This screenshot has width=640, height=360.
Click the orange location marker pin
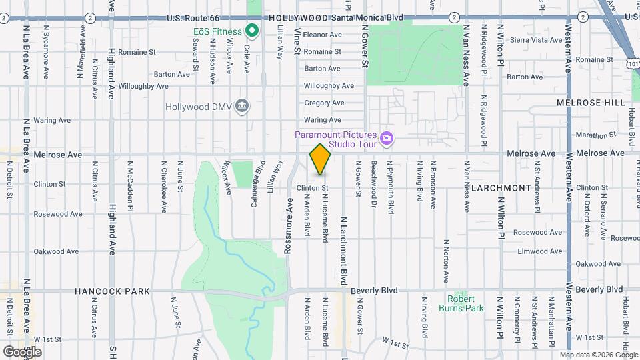pos(321,160)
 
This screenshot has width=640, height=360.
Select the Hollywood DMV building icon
pos(242,105)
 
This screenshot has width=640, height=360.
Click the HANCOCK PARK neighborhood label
pos(112,291)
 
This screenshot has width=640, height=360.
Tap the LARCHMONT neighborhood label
pos(500,188)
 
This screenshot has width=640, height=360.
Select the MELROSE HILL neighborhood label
pos(591,103)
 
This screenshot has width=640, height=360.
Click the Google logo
pos(21,351)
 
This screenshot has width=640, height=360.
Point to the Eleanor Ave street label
pos(322,35)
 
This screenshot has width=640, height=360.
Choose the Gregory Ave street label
pos(324,103)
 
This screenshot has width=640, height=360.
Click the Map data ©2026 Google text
pos(599,355)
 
